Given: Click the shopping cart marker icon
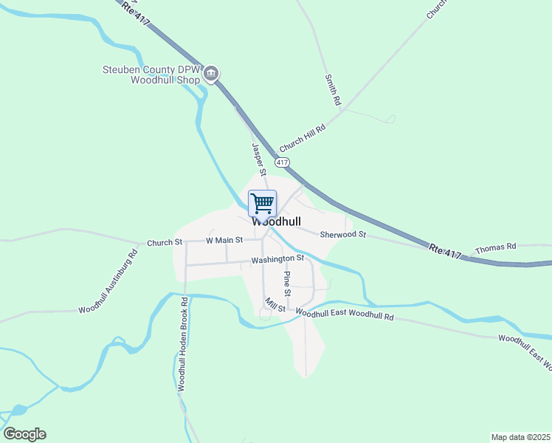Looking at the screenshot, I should click(x=263, y=202).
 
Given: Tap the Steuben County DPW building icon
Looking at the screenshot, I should click(x=211, y=73).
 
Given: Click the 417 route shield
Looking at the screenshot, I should click(x=283, y=162).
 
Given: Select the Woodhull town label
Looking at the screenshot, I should click(x=276, y=221).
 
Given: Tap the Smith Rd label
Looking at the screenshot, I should click(x=331, y=89).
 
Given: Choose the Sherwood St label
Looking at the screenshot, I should click(x=342, y=235).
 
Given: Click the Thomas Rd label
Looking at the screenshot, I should click(x=495, y=249).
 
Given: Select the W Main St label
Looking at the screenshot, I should click(x=224, y=241).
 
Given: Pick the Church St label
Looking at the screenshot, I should click(x=164, y=242).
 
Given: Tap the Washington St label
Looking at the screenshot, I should click(x=277, y=259).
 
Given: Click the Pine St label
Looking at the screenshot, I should click(x=287, y=284).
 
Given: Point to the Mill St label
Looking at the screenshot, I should click(x=275, y=304).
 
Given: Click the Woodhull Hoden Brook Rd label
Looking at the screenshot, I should click(x=182, y=343).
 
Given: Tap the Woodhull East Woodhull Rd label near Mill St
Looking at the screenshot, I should click(x=345, y=315).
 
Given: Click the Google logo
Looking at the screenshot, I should click(x=24, y=434).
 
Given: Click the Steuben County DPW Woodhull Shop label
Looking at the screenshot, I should click(x=151, y=75).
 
